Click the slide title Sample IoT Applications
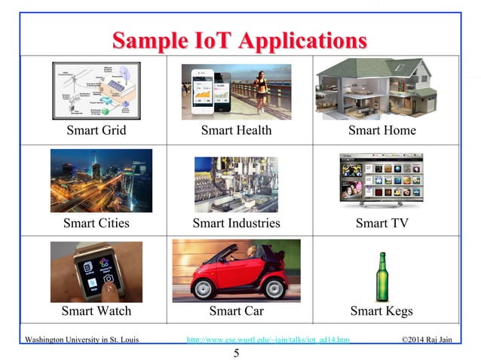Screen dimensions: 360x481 [x=240, y=39]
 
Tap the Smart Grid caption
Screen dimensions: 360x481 [x=96, y=130]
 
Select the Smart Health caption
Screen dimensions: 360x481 [x=236, y=130]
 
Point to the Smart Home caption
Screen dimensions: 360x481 [x=381, y=130]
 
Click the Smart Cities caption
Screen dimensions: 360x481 [x=96, y=223]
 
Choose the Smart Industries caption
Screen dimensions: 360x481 [x=236, y=223]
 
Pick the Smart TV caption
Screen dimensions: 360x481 [x=381, y=223]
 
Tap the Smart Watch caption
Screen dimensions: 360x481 [x=96, y=310]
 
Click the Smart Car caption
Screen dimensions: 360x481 [x=236, y=310]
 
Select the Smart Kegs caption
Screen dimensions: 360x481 [x=381, y=310]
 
